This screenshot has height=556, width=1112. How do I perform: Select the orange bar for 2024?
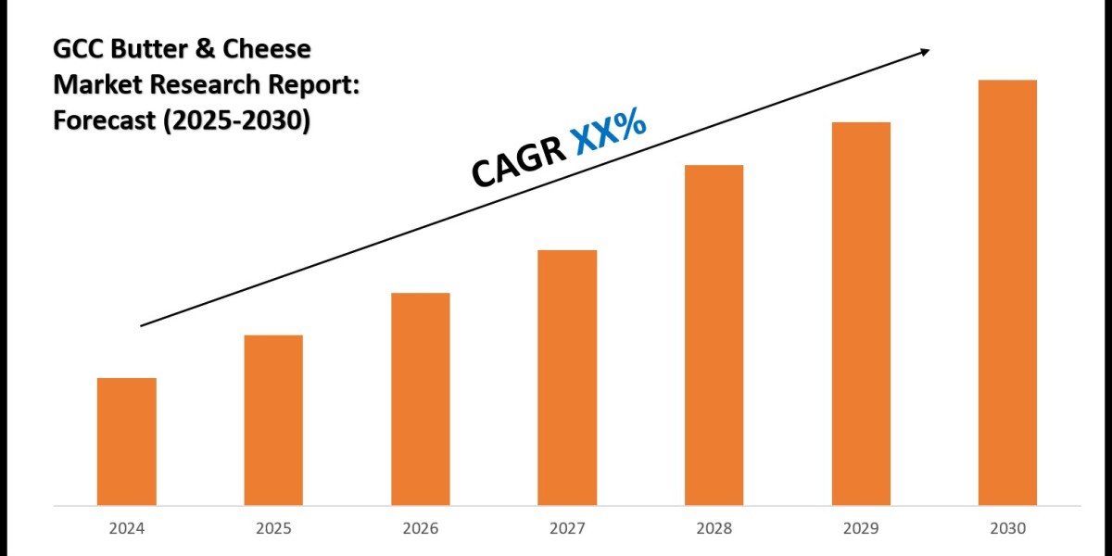point(126,442)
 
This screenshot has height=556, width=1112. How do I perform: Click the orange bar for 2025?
point(273,421)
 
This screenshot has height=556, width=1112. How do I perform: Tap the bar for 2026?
point(421,399)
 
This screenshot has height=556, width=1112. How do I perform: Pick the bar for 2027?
point(567,378)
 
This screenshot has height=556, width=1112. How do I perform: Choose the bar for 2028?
point(714,335)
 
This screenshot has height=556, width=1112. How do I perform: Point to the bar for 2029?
point(861,314)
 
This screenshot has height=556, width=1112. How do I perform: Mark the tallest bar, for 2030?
point(1007,293)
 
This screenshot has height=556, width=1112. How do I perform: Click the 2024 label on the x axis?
point(126,529)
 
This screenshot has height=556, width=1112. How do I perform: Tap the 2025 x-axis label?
point(273,529)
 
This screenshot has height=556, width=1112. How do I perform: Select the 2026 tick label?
point(421,529)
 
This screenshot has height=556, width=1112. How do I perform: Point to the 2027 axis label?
point(567,529)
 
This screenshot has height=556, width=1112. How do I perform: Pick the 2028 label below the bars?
point(714,529)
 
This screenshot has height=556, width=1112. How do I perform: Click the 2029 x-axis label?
point(861,529)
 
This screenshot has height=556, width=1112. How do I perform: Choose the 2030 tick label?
point(1007,529)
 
